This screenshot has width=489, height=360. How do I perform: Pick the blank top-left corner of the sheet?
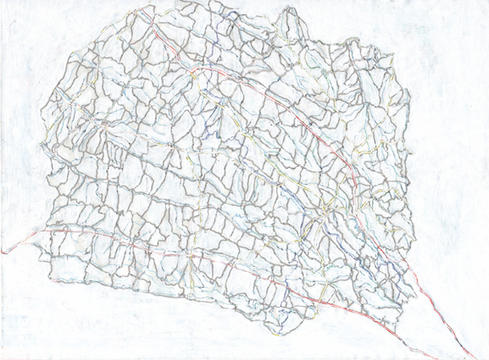coord(17,17)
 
